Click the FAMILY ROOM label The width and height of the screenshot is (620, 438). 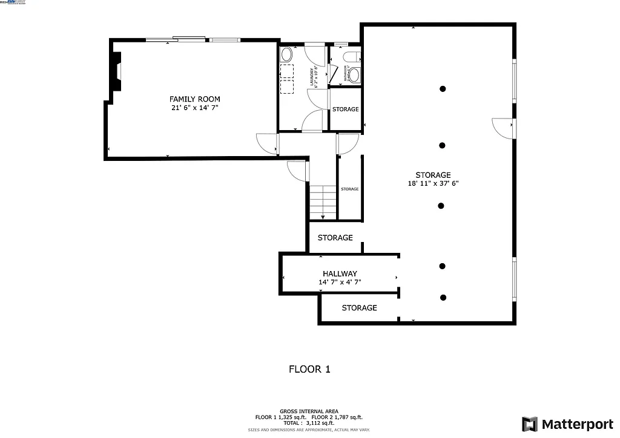(194, 99)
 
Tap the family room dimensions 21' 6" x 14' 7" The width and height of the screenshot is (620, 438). (194, 108)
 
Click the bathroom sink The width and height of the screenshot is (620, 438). (353, 75)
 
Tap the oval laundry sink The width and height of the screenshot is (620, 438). (286, 55)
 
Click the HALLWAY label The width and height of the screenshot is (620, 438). (340, 274)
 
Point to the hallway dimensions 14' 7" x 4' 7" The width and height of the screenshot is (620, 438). (340, 282)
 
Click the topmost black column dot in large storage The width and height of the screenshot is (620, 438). (443, 89)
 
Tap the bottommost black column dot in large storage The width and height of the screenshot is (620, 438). (443, 297)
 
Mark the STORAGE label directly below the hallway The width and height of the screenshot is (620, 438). (359, 308)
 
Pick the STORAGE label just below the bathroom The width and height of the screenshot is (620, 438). (345, 109)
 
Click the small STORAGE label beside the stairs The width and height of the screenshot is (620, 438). (349, 189)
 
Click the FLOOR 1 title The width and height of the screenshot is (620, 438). (309, 369)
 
